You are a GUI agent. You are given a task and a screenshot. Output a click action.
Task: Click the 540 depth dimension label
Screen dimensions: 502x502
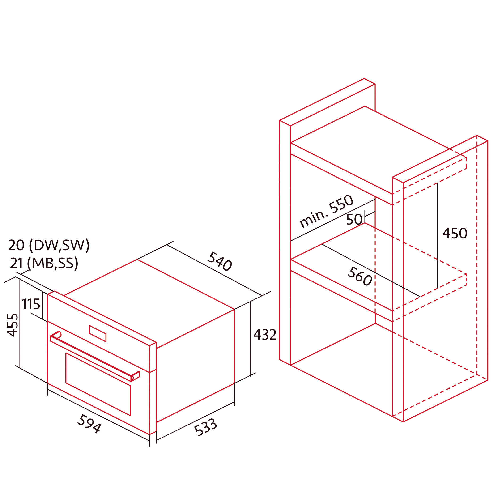tap(220, 261)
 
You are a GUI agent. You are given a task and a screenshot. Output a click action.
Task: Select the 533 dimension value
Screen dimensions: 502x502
tap(205, 427)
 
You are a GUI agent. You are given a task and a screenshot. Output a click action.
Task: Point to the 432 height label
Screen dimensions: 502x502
tap(265, 335)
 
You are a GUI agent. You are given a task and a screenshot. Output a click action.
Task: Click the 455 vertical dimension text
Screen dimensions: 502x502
tap(13, 325)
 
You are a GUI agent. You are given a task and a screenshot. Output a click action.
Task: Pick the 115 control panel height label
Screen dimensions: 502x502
tap(31, 304)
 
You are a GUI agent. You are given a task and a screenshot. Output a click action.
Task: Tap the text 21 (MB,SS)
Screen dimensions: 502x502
tap(44, 263)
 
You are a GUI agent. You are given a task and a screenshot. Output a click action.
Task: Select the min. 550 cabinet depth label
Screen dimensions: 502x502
tap(326, 211)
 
